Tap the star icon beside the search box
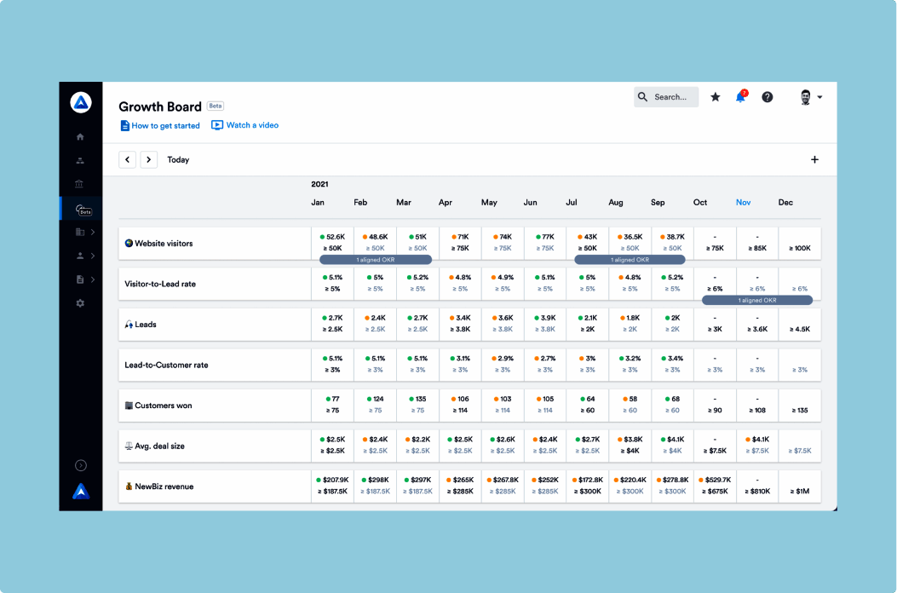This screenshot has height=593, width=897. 716,97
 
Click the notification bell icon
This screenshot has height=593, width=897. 740,97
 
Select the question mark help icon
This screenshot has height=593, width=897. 768,97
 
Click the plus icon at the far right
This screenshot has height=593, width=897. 814,159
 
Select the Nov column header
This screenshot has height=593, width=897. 744,203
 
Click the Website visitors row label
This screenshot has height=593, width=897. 164,244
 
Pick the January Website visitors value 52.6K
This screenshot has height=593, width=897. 335,237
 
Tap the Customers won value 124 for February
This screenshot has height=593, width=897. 378,399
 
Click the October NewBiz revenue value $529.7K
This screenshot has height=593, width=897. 718,480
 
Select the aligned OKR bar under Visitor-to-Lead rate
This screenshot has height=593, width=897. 757,300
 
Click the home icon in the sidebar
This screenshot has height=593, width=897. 80,137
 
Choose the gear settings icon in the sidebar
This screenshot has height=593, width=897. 80,302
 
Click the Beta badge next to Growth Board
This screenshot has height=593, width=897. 216,107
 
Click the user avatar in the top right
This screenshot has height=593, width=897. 806,97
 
